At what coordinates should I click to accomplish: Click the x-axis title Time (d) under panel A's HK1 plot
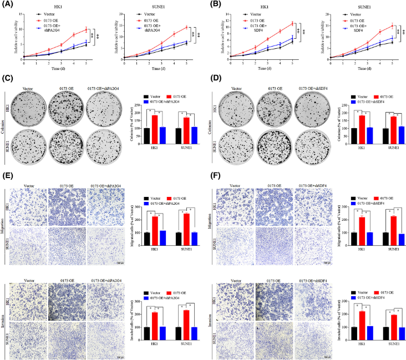tap(55, 70)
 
